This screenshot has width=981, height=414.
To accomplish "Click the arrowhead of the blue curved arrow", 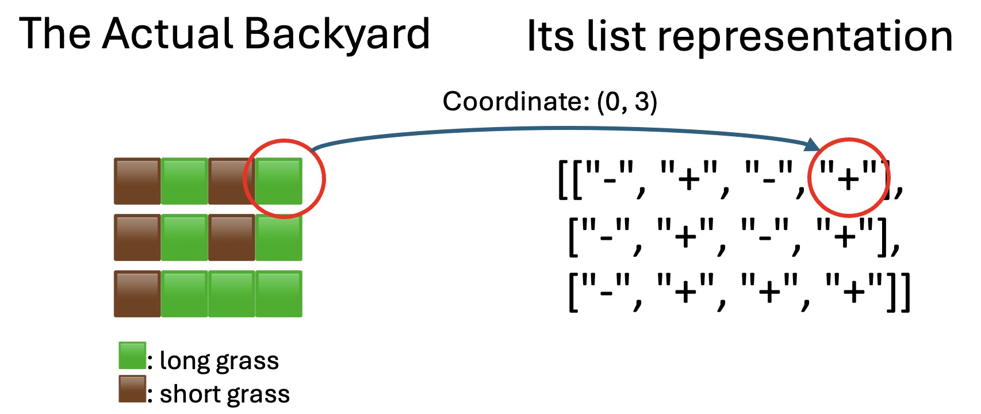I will [813, 145].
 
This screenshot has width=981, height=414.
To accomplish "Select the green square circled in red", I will [279, 181].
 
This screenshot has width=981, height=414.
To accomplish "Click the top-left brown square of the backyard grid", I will [137, 181].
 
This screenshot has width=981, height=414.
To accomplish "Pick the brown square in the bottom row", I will [137, 294].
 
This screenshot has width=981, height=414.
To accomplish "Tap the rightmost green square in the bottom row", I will [279, 294].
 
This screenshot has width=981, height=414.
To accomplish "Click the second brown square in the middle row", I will [232, 237].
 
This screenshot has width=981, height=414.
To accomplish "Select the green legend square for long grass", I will [132, 355].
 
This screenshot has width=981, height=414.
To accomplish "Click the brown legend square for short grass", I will [132, 389].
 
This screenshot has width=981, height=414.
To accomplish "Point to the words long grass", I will [219, 361].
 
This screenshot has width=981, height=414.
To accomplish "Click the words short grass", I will [224, 394].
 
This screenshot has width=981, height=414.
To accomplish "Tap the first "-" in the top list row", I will [610, 179].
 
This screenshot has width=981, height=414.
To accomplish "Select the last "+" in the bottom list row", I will [853, 292].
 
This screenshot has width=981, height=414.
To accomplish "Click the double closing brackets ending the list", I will [899, 293].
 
